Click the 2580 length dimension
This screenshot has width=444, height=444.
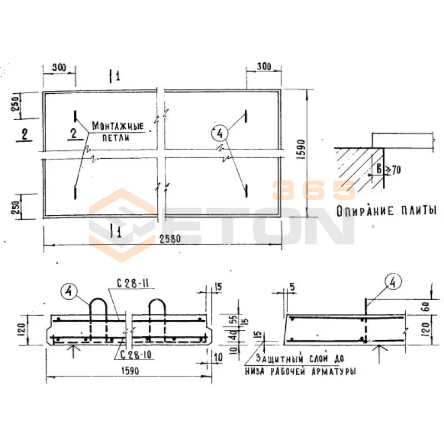170,239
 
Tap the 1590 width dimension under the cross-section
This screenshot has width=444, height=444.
130,371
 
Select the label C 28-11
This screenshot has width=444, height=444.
133,284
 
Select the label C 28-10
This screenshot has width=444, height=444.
135,355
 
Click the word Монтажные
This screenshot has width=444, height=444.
118,126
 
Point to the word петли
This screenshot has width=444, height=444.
116,138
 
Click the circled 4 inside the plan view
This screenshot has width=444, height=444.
220,133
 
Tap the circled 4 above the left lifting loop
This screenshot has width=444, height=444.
69,292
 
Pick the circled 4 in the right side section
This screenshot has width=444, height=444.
393,282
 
